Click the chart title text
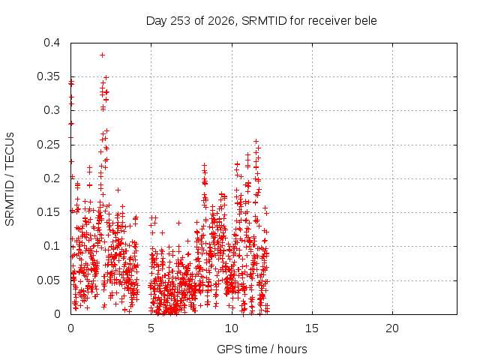click(262, 21)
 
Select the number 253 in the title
click(181, 21)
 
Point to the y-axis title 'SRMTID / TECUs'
click(10, 179)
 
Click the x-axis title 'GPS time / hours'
click(262, 349)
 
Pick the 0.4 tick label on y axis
click(52, 43)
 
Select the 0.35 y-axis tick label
click(49, 76)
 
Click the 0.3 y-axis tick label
click(52, 110)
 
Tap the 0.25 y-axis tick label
click(49, 145)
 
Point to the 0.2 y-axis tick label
click(52, 178)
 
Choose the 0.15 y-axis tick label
click(49, 212)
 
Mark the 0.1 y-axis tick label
click(52, 246)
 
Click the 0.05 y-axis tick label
click(49, 280)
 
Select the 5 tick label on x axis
click(151, 328)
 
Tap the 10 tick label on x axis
click(232, 328)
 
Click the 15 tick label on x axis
click(312, 328)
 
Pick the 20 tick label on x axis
click(392, 328)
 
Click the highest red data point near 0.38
click(103, 55)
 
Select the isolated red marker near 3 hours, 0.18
click(118, 190)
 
